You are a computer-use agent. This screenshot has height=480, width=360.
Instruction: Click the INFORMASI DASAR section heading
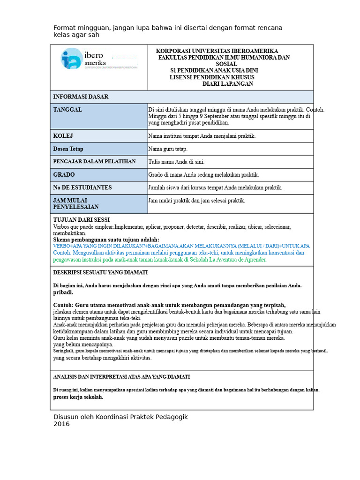pos(81,97)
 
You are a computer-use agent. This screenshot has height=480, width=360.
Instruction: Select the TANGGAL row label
pos(67,110)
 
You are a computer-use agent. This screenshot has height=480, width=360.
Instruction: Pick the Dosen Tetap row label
pos(68,149)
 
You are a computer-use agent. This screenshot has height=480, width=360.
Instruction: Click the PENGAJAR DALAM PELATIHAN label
pos(94,162)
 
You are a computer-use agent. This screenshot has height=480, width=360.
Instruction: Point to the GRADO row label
pos(64,175)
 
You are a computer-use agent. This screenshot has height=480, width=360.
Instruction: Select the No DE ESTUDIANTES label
pos(82,187)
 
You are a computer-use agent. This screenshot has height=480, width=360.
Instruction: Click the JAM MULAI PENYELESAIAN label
pos(76,203)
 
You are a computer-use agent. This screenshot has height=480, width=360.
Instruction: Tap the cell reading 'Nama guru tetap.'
pos(168,149)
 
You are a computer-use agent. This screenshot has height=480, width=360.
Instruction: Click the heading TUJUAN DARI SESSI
pos(82,220)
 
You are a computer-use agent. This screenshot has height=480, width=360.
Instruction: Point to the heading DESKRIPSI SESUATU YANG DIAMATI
pos(100,272)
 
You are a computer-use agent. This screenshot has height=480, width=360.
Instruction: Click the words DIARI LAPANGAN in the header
pos(228,84)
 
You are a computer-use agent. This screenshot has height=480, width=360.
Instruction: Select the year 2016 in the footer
pos(61,424)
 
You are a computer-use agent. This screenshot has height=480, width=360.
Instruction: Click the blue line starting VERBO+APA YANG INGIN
pos(181,246)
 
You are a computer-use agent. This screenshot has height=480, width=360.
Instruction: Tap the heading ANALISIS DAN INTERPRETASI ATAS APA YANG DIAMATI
pos(121,377)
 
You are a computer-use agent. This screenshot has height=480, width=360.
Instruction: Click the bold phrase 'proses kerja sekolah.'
pos(78,397)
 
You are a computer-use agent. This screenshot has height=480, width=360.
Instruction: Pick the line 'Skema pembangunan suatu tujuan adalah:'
pos(106,240)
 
